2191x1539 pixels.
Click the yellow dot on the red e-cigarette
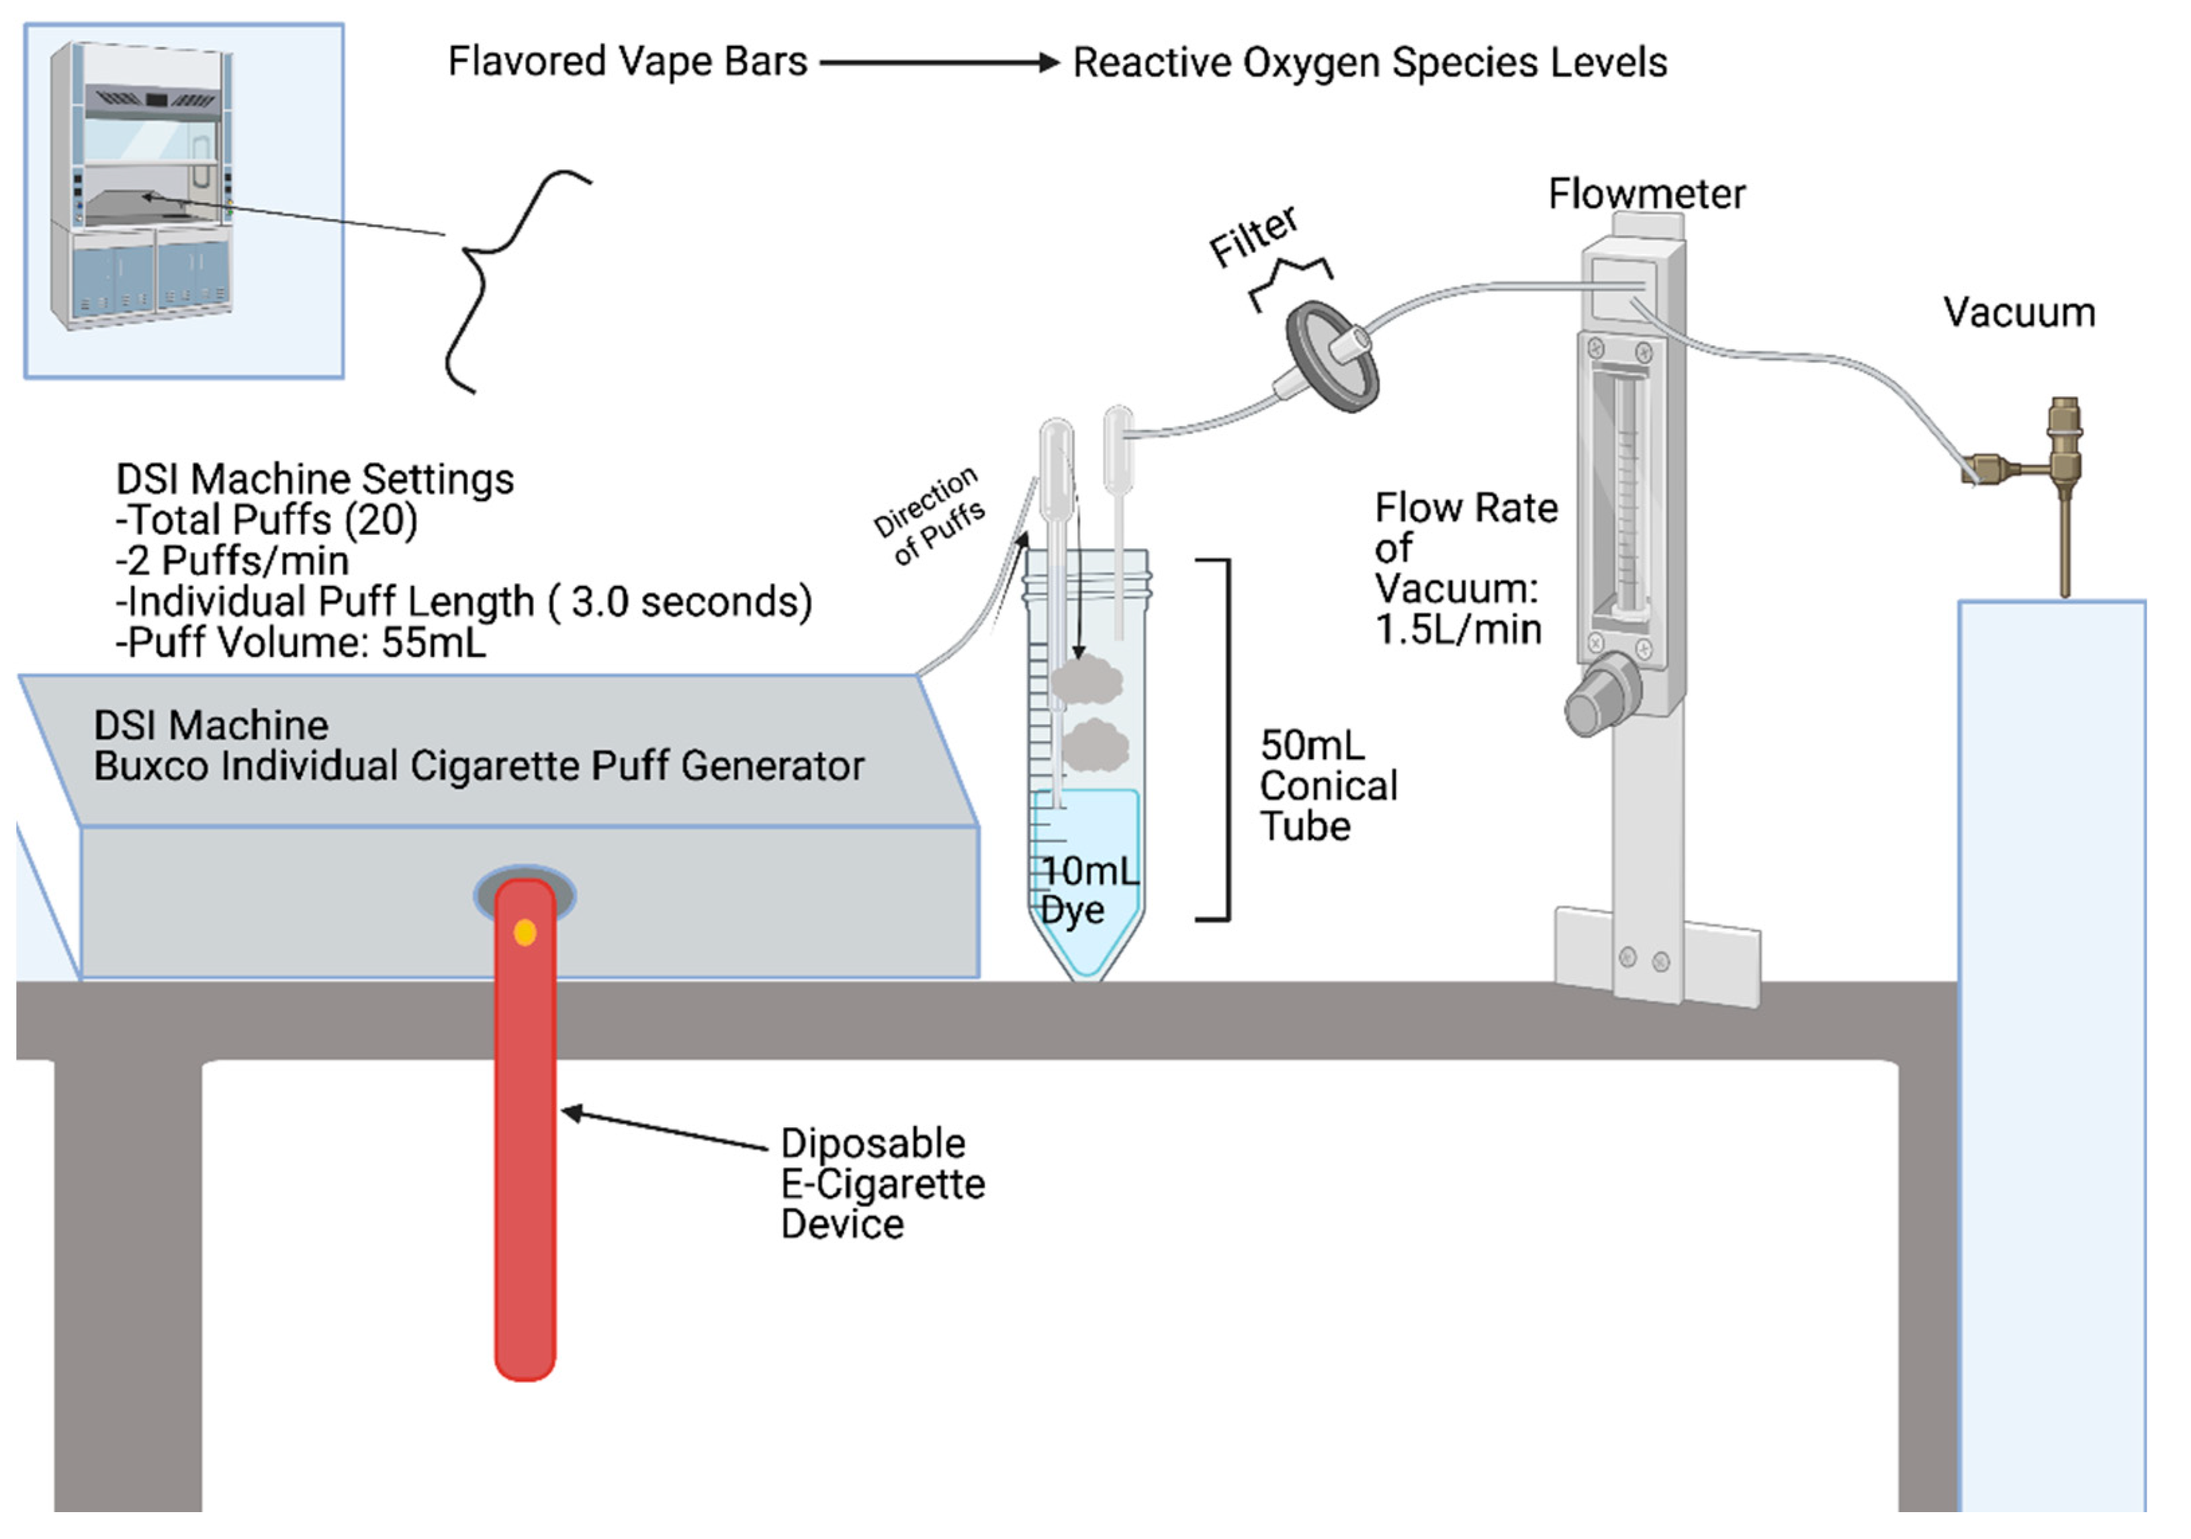coord(525,932)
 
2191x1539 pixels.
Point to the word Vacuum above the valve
coord(2019,313)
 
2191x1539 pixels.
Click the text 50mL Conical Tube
coord(1327,785)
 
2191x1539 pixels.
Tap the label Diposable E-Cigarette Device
coord(881,1183)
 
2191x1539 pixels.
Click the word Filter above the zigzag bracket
coord(1252,236)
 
